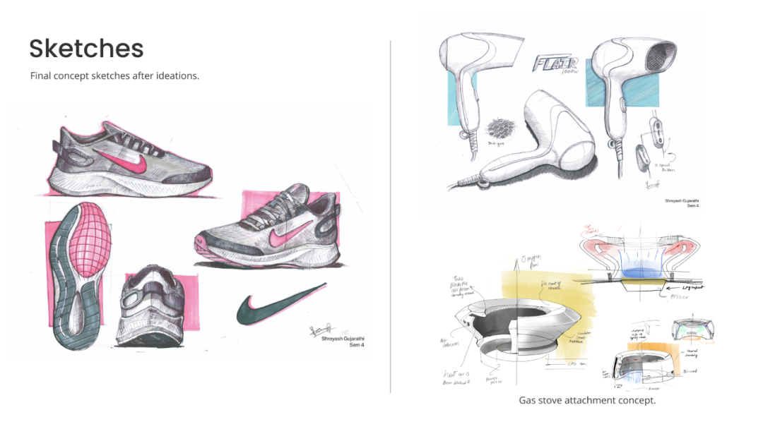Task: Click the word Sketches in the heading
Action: (86, 48)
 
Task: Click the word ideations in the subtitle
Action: (177, 75)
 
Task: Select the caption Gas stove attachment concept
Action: (587, 400)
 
